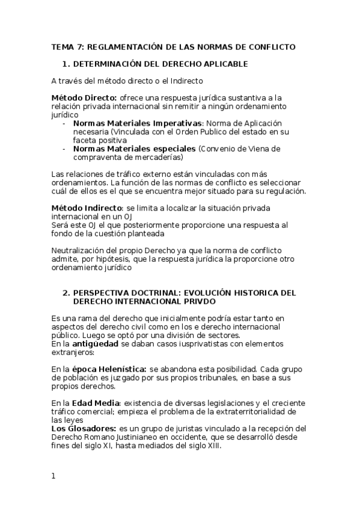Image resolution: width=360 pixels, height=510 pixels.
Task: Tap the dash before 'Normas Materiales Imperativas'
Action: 64,123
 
